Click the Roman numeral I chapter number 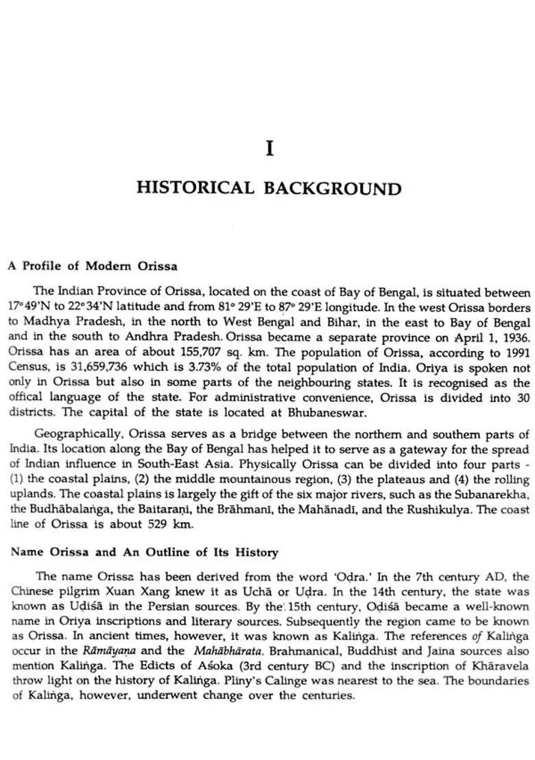coord(270,148)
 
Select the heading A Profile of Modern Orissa coord(92,265)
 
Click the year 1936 coord(515,337)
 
